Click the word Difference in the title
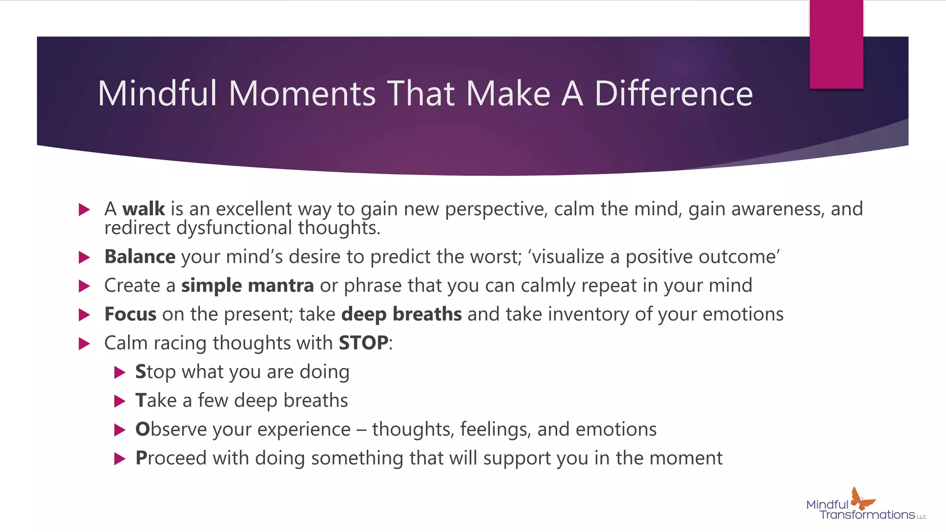coord(673,94)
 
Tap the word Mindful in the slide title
coord(157,94)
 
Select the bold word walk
coord(144,209)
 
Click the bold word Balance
coord(140,257)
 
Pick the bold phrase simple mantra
coord(248,286)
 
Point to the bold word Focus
coord(130,314)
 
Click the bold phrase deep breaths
coord(401,314)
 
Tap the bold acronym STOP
coord(364,343)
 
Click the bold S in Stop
coord(140,372)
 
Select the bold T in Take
coord(140,401)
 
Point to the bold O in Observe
coord(142,429)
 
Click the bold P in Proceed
coord(141,458)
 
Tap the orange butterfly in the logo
coord(861,499)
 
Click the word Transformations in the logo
coord(867,515)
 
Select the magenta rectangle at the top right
coord(836,44)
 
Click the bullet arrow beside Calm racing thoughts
coord(84,344)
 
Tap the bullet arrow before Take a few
coord(120,401)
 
